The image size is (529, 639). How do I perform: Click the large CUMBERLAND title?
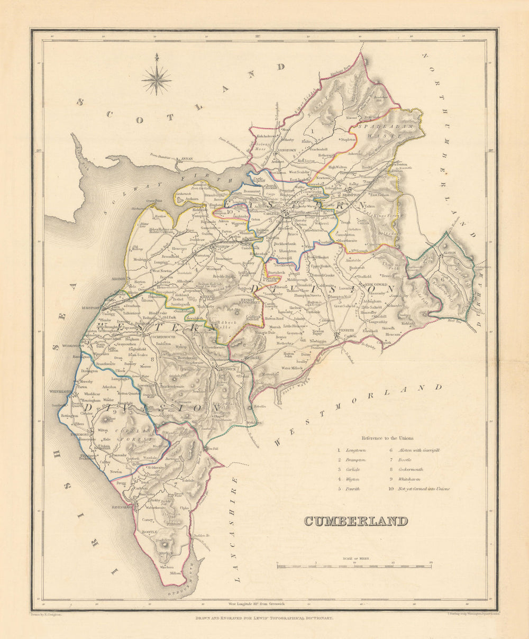[356, 521]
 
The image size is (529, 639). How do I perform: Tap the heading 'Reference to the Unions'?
[388, 438]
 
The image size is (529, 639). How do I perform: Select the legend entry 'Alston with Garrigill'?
[422, 450]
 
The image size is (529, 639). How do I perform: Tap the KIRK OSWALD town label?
[377, 285]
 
